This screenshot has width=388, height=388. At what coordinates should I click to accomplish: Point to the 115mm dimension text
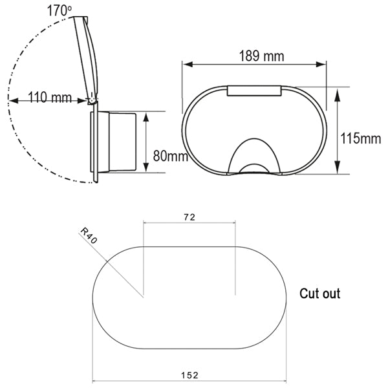tap(361, 138)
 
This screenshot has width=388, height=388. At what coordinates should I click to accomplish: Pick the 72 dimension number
tap(189, 217)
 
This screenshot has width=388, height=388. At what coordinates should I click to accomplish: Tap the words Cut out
tap(319, 294)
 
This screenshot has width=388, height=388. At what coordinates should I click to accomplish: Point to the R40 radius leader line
tap(120, 272)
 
